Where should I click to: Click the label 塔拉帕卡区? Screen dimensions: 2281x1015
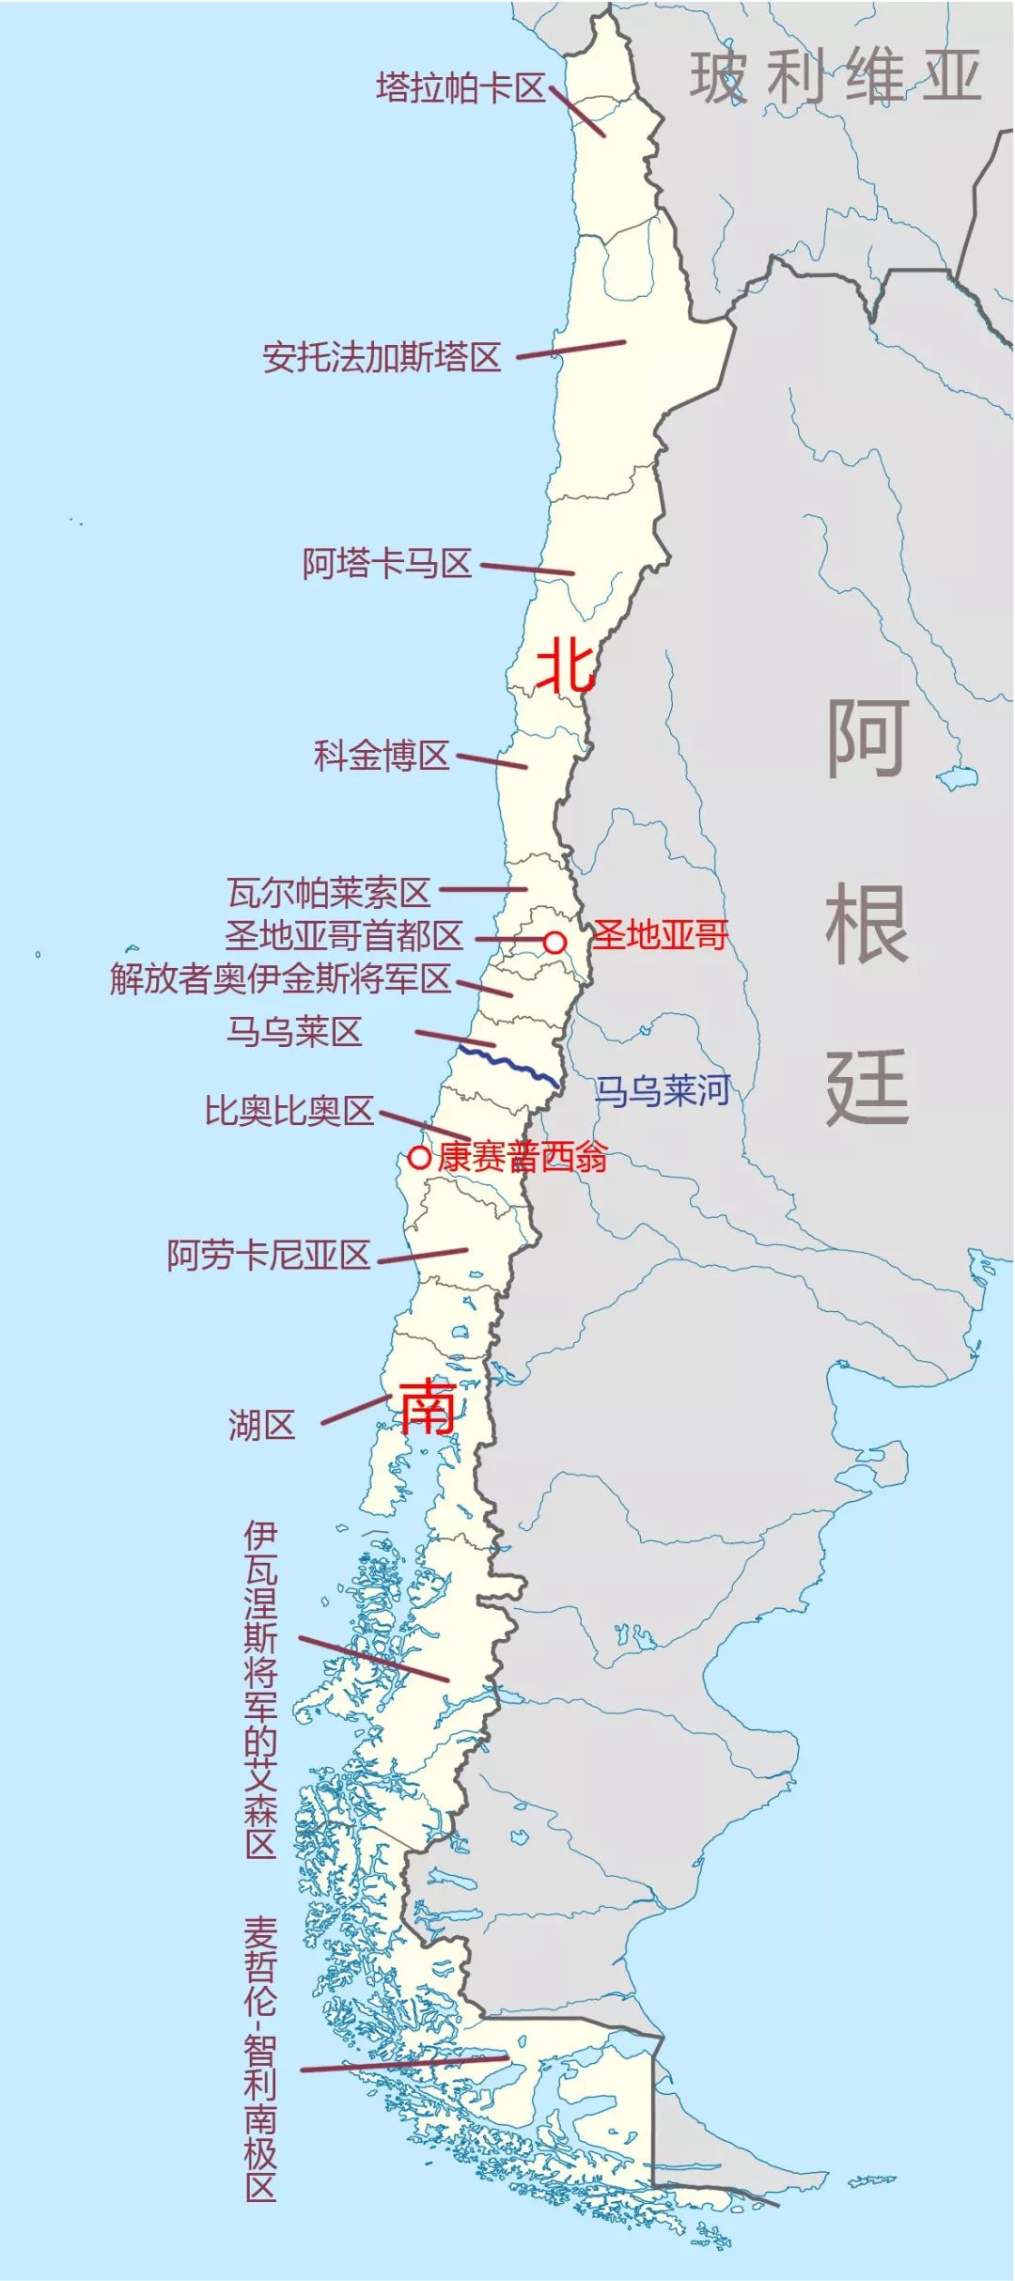pyautogui.click(x=461, y=88)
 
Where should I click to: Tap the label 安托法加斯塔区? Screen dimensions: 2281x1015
pyautogui.click(x=382, y=357)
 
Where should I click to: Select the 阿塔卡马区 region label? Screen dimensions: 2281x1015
pyautogui.click(x=386, y=564)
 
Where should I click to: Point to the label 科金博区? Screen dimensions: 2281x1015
pyautogui.click(x=382, y=756)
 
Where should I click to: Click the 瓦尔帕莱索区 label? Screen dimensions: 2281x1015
pyautogui.click(x=329, y=892)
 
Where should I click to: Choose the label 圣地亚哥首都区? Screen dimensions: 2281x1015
pyautogui.click(x=344, y=936)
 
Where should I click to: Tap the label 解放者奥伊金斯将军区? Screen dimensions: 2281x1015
pyautogui.click(x=280, y=979)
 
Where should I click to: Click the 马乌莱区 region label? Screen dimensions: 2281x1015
pyautogui.click(x=294, y=1032)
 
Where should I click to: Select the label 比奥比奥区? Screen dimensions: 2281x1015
pyautogui.click(x=289, y=1111)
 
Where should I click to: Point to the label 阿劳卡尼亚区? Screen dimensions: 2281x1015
pyautogui.click(x=269, y=1255)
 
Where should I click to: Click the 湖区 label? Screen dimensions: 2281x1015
pyautogui.click(x=261, y=1426)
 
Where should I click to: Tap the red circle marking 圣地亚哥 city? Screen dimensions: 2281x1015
pyautogui.click(x=555, y=942)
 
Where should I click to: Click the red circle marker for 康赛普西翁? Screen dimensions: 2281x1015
pyautogui.click(x=419, y=1157)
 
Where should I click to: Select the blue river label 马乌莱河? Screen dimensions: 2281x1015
pyautogui.click(x=662, y=1091)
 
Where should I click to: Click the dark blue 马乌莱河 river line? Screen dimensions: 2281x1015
pyautogui.click(x=507, y=1066)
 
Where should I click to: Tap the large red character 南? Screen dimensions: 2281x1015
pyautogui.click(x=429, y=1407)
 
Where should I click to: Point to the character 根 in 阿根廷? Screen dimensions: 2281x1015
pyautogui.click(x=867, y=925)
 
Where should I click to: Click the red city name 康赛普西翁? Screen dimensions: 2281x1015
pyautogui.click(x=523, y=1157)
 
